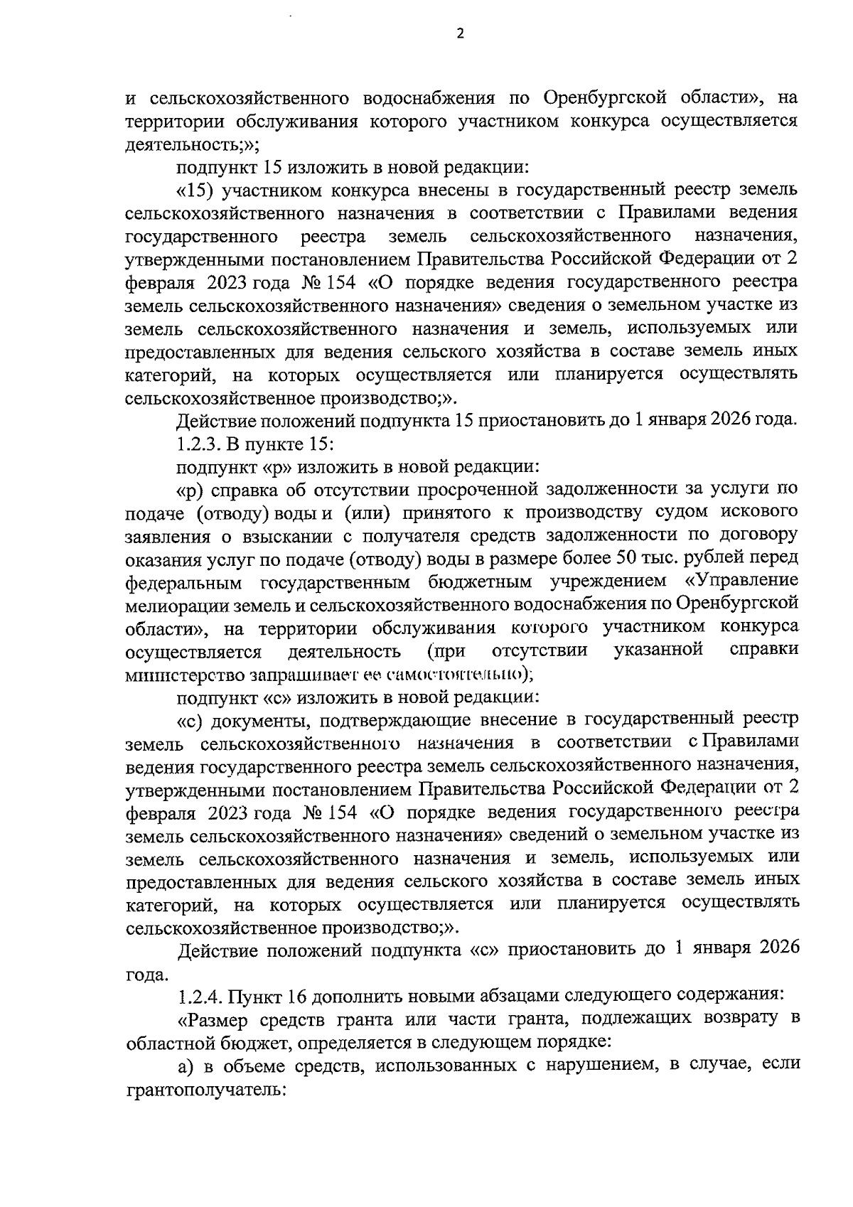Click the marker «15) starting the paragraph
click(196, 191)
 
